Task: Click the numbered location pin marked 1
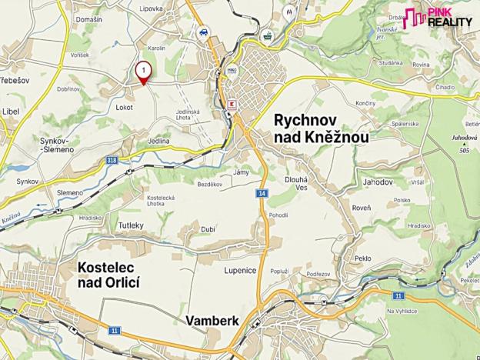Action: pos(142,72)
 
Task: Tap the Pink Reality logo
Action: pos(438,17)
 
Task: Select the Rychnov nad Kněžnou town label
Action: pos(321,129)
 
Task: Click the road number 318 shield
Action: pos(112,159)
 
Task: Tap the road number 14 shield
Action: pos(262,192)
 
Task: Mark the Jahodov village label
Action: pos(378,182)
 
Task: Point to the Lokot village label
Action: pos(124,107)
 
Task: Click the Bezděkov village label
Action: pos(209,185)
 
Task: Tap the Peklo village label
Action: pos(363,259)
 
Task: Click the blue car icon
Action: pos(203,32)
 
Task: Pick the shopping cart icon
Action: pos(266,35)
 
